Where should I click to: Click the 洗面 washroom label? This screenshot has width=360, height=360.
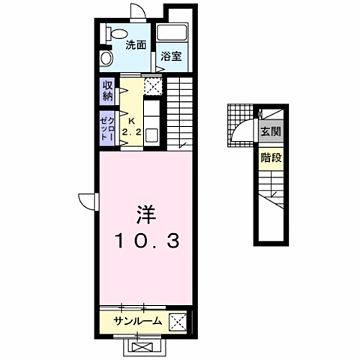point(136,45)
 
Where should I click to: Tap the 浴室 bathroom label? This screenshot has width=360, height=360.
point(171,56)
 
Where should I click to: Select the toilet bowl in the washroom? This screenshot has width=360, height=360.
point(117,34)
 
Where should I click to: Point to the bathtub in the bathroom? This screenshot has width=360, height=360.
point(172,32)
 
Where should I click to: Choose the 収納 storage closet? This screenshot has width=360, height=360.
point(108,91)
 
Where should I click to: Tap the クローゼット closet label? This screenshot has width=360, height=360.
point(107,128)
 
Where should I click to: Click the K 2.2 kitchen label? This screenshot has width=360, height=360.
point(131,127)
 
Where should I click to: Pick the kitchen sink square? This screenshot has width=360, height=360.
point(151,135)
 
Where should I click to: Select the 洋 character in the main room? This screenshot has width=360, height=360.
point(146,214)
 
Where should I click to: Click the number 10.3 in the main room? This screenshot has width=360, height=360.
point(148,241)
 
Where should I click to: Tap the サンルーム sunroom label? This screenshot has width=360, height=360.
point(137,321)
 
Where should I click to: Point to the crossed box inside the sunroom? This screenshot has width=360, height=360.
point(178,322)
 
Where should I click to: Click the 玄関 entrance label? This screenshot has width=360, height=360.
point(271,131)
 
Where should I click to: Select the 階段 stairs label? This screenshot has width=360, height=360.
point(271,158)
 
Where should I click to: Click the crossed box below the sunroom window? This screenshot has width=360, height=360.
point(142,347)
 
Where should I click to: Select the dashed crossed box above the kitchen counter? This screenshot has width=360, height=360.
point(153,86)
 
